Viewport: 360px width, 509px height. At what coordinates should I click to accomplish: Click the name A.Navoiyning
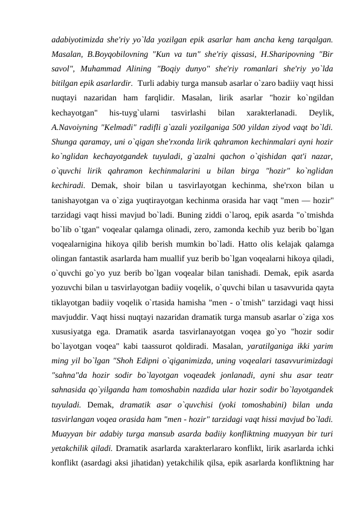(x=78, y=128)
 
